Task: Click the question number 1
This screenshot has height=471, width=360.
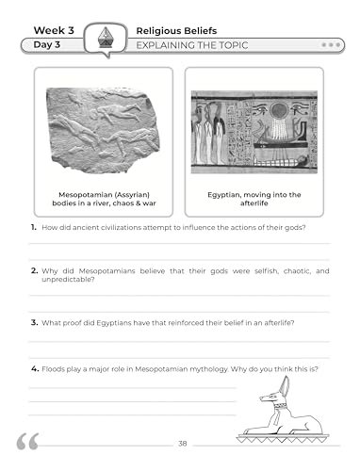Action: tap(33, 229)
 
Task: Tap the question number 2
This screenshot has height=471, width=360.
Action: tap(33, 271)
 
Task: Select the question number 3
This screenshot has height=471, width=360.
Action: tap(33, 322)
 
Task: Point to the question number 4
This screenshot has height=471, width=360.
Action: tap(33, 368)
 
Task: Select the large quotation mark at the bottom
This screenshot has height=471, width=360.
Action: tap(27, 443)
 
